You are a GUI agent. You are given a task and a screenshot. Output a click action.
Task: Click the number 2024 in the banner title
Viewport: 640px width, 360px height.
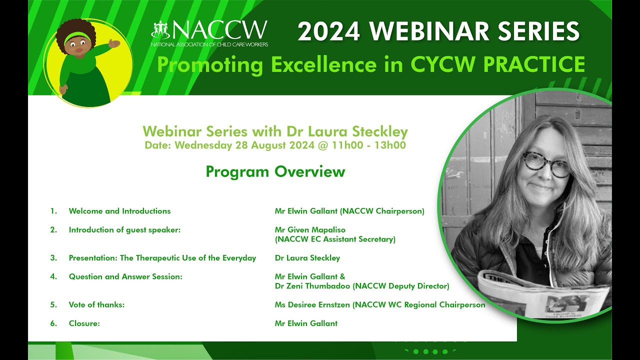click(x=328, y=32)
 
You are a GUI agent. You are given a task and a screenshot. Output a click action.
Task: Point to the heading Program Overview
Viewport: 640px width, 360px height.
click(x=275, y=171)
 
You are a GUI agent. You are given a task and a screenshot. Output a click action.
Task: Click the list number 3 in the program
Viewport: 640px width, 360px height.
click(x=53, y=258)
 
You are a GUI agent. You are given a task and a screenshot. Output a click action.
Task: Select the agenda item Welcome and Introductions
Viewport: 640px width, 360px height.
click(x=119, y=211)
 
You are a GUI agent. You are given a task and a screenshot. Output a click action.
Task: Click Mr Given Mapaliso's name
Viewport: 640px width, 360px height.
click(x=310, y=229)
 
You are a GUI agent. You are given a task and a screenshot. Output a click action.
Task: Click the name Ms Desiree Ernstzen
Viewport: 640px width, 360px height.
click(x=312, y=304)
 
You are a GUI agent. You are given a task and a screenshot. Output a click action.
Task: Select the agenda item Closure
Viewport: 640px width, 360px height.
click(x=84, y=323)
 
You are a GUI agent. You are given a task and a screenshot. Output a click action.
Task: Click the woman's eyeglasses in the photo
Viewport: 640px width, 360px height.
click(x=546, y=164)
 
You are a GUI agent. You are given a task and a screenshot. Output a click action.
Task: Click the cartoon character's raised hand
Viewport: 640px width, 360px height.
click(x=114, y=44)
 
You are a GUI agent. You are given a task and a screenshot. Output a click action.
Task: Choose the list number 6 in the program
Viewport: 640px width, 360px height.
click(x=53, y=323)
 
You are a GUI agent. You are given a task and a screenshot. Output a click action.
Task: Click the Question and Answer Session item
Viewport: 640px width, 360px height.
click(x=125, y=276)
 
